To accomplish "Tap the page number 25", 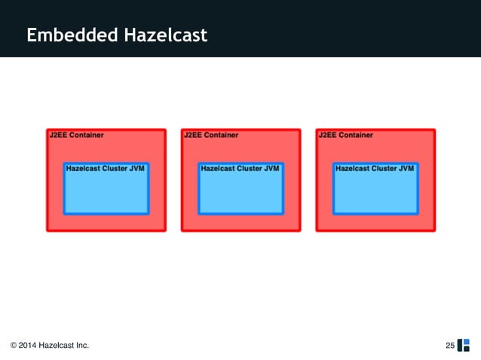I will [x=450, y=346].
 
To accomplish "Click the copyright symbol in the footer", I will [x=14, y=346].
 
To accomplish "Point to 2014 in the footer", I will [x=29, y=346].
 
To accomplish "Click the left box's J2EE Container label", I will [x=76, y=136].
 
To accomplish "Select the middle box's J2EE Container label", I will [x=211, y=136].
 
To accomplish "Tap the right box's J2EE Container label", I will [x=345, y=136].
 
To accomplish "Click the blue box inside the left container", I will [x=106, y=193].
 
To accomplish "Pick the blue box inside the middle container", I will [x=240, y=193].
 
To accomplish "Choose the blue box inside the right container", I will [x=375, y=193].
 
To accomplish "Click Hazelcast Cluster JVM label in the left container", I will [x=106, y=169].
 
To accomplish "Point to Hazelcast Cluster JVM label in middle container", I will [x=240, y=169].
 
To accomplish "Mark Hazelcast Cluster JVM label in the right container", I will [x=375, y=169].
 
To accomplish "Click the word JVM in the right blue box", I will [x=406, y=169].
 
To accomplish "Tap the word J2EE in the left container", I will [x=58, y=136].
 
